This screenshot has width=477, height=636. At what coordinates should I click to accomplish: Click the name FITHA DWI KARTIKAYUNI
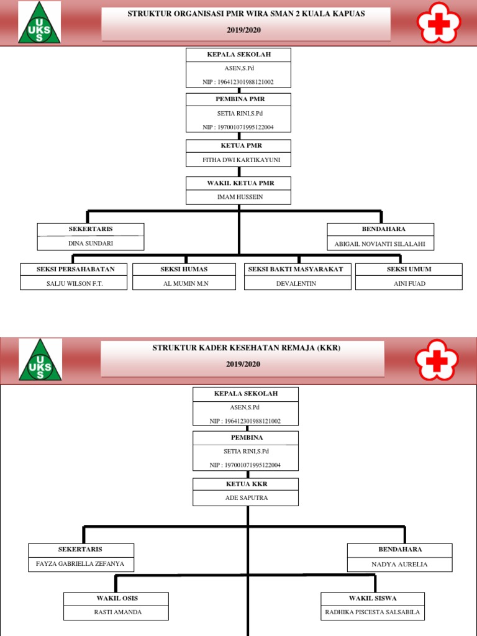tap(238, 160)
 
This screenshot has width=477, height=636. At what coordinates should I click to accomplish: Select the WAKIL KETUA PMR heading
tap(238, 183)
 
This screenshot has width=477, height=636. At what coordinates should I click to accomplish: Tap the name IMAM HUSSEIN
tap(238, 197)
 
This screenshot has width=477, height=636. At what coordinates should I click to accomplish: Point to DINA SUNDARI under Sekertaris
tap(91, 243)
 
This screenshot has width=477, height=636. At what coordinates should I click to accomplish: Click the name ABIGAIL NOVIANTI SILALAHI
tap(380, 244)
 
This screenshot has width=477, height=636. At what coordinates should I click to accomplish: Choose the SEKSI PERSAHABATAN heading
tap(73, 269)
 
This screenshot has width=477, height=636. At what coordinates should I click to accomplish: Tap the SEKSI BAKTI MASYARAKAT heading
tap(298, 269)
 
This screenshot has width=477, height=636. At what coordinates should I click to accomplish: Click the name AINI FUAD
tap(408, 283)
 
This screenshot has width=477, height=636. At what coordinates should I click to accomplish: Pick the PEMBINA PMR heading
tap(238, 99)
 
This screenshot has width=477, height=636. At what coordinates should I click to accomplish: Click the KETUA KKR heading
tap(246, 484)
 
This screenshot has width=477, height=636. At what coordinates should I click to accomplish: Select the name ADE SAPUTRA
tap(246, 498)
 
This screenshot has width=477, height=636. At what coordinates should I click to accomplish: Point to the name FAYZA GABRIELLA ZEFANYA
tap(81, 564)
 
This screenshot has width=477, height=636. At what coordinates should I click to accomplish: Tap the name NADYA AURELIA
tap(399, 565)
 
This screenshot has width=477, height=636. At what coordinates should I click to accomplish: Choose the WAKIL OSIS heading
tap(116, 598)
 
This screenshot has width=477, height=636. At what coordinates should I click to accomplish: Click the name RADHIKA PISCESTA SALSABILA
tap(373, 612)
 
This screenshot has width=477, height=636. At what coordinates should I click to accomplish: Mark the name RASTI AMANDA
tap(116, 612)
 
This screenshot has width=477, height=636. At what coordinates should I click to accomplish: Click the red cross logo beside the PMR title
tap(440, 23)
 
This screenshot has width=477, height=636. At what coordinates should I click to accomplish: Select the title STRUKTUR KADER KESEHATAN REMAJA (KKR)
tap(247, 348)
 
